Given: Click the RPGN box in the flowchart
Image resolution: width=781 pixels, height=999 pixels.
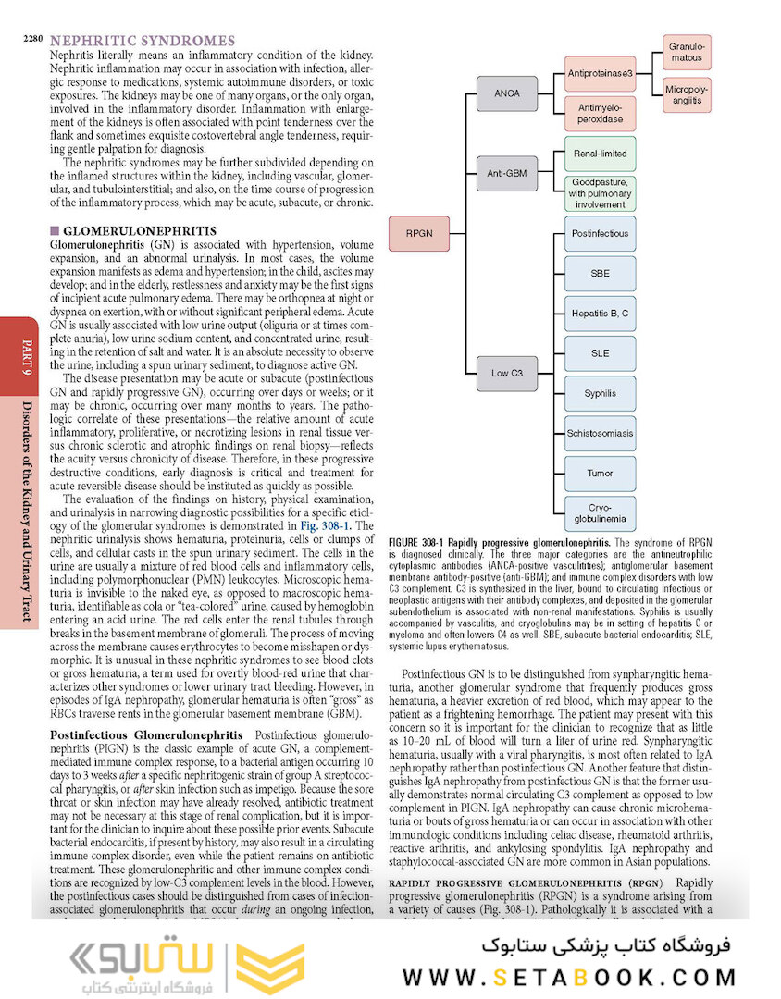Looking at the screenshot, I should [419, 234].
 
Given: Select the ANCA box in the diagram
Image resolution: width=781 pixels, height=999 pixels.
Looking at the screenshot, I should [506, 92].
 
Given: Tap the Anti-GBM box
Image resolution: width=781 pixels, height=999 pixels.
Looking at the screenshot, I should [506, 173].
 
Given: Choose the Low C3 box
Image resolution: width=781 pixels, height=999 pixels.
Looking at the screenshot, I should [506, 373].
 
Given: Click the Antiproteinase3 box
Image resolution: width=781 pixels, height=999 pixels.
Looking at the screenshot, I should [601, 72].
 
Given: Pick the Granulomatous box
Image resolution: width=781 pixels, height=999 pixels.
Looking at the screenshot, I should [686, 52].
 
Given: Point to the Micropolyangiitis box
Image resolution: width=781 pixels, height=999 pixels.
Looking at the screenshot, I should [686, 94].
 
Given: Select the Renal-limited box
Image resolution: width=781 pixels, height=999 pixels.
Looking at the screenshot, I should [601, 153].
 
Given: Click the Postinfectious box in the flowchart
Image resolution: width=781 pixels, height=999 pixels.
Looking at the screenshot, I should [600, 234].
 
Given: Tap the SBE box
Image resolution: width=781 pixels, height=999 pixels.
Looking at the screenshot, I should [600, 274].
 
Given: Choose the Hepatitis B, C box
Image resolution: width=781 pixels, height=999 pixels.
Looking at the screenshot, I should [600, 314].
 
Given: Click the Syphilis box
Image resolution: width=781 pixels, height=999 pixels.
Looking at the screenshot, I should [600, 393].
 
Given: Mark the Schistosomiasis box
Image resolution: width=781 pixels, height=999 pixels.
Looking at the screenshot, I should [600, 433].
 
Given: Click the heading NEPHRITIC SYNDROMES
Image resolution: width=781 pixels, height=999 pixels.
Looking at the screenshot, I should [142, 41].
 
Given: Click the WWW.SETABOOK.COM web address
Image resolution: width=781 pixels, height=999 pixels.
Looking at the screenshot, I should [569, 977].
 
